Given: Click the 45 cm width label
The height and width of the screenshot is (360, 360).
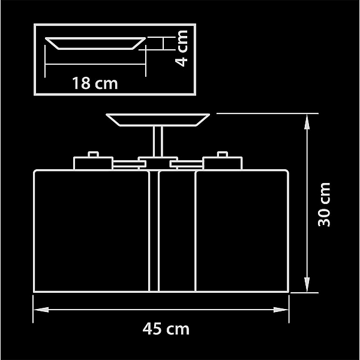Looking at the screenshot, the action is tap(166, 329).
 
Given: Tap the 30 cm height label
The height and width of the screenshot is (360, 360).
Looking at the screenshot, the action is tap(324, 205).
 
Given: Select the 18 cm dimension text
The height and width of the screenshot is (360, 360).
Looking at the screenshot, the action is tap(95, 83).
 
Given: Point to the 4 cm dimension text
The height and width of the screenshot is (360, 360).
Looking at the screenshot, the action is tap(181, 49).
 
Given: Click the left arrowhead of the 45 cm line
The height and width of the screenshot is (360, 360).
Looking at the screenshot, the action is tap(41, 310).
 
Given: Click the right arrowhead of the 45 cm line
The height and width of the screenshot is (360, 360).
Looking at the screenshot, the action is tap(281, 310).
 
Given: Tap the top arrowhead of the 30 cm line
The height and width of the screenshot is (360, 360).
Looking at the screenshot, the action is tap(307, 122).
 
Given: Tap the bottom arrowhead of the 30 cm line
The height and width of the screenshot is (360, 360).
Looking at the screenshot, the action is tap(307, 284).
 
